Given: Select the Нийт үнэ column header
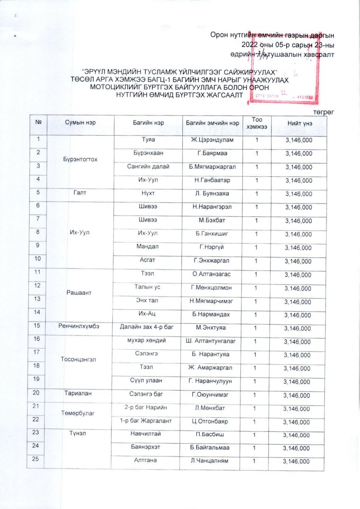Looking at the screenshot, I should point(299,123).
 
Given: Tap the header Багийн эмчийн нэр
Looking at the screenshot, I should point(212,123).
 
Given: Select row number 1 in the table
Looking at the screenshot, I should point(38,138).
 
